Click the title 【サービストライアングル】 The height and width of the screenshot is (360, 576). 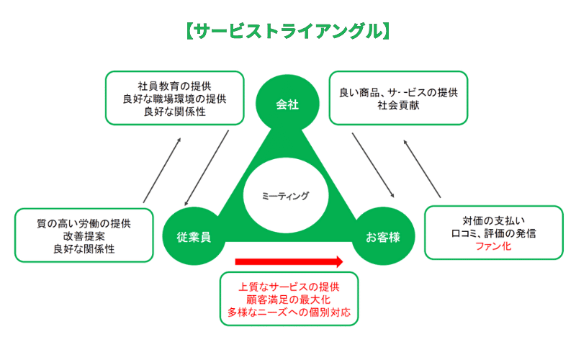click(288, 32)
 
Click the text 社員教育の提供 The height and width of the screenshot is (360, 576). click(174, 87)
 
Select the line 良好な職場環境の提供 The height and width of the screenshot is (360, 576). click(174, 100)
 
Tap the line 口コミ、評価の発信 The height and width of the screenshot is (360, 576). click(493, 233)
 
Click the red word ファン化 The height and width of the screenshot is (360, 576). click(493, 246)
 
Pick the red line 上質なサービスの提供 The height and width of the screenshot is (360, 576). click(289, 287)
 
